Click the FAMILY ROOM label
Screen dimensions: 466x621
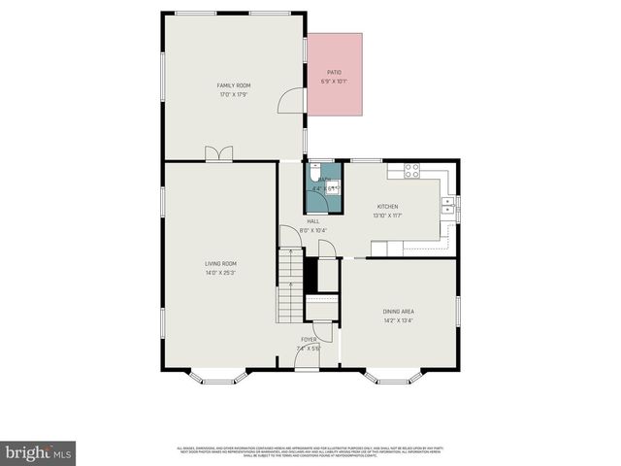pyautogui.click(x=234, y=85)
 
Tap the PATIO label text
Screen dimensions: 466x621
pyautogui.click(x=334, y=72)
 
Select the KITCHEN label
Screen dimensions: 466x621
pyautogui.click(x=387, y=207)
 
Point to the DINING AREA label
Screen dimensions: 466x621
pyautogui.click(x=399, y=311)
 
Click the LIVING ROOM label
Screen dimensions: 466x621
pyautogui.click(x=220, y=263)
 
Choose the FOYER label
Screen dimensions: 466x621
pyautogui.click(x=308, y=339)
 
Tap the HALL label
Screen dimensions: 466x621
pyautogui.click(x=313, y=221)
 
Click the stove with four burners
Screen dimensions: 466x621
pyautogui.click(x=411, y=170)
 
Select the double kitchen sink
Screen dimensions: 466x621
pyautogui.click(x=448, y=206)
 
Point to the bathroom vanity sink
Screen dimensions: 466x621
pyautogui.click(x=333, y=187)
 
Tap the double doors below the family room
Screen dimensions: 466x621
pyautogui.click(x=218, y=153)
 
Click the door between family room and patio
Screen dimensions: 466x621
pyautogui.click(x=290, y=101)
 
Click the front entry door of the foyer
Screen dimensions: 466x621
pyautogui.click(x=287, y=362)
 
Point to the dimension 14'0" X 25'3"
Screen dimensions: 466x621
pyautogui.click(x=220, y=273)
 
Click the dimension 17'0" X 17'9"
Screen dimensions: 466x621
pyautogui.click(x=234, y=94)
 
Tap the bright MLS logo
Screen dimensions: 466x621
pyautogui.click(x=39, y=452)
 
